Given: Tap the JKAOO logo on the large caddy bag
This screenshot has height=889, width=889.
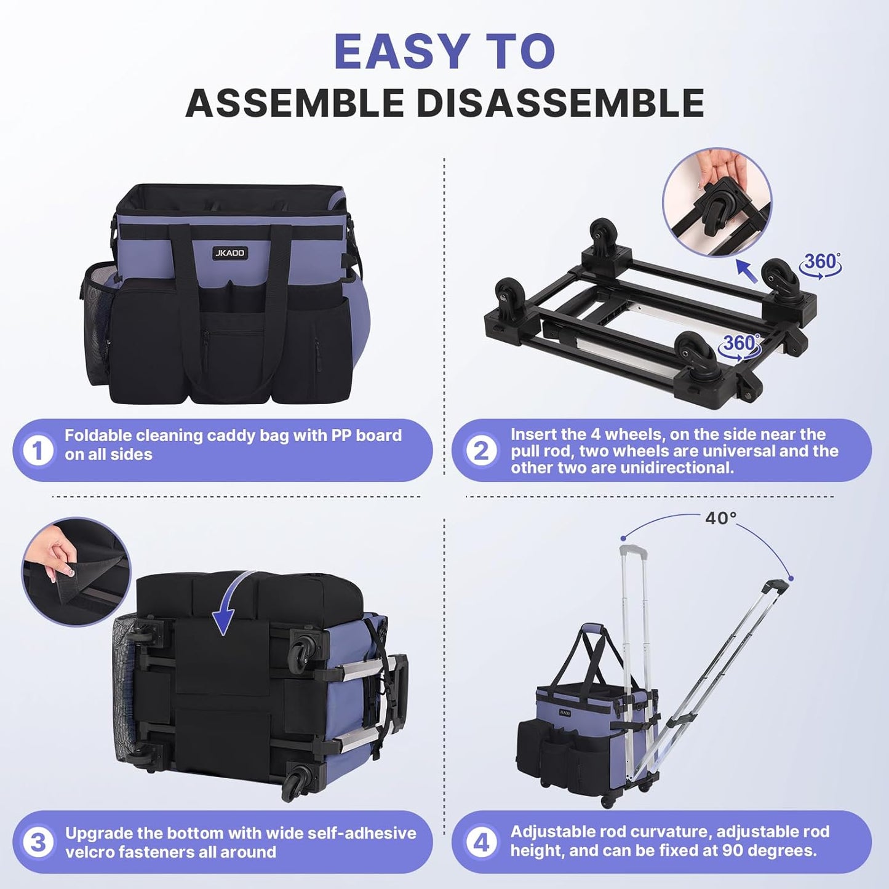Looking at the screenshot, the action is click(x=229, y=253).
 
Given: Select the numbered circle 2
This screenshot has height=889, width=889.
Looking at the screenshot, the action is click(x=480, y=450).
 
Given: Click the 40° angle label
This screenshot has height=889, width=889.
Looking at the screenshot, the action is click(x=720, y=519).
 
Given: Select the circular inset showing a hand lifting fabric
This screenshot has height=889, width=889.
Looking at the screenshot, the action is click(x=76, y=572).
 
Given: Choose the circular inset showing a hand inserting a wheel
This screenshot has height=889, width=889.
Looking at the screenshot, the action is click(x=717, y=202).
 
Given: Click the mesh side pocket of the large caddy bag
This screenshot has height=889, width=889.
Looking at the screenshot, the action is click(x=98, y=323).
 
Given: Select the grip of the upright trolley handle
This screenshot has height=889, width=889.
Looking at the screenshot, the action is click(x=633, y=550).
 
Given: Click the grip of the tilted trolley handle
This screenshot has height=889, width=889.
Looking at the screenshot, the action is click(x=776, y=586).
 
